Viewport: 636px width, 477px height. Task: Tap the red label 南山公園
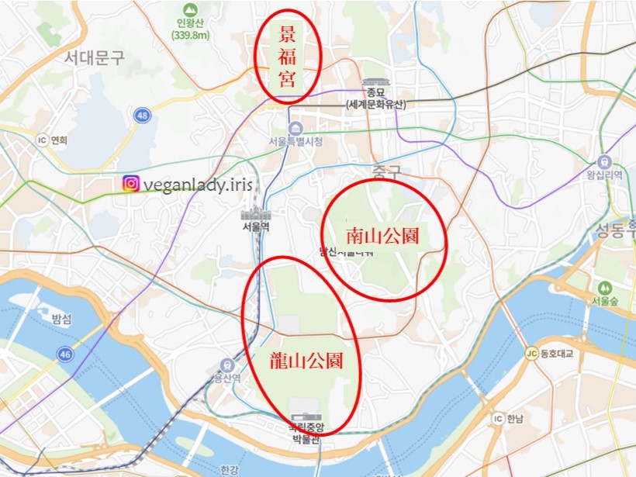[382, 236]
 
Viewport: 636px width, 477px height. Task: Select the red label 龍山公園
[305, 360]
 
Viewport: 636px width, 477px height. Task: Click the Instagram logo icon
[132, 183]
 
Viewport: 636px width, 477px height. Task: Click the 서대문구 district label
[94, 57]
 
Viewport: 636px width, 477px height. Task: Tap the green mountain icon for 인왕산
[185, 9]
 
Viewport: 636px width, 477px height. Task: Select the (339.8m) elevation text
[185, 35]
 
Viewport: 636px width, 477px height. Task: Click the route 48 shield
[141, 116]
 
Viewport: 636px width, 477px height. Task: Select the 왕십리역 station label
[605, 176]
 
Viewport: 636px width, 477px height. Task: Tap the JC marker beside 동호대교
[531, 354]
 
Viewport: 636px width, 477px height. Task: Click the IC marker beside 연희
[42, 140]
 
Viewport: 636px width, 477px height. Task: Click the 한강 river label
[229, 469]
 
